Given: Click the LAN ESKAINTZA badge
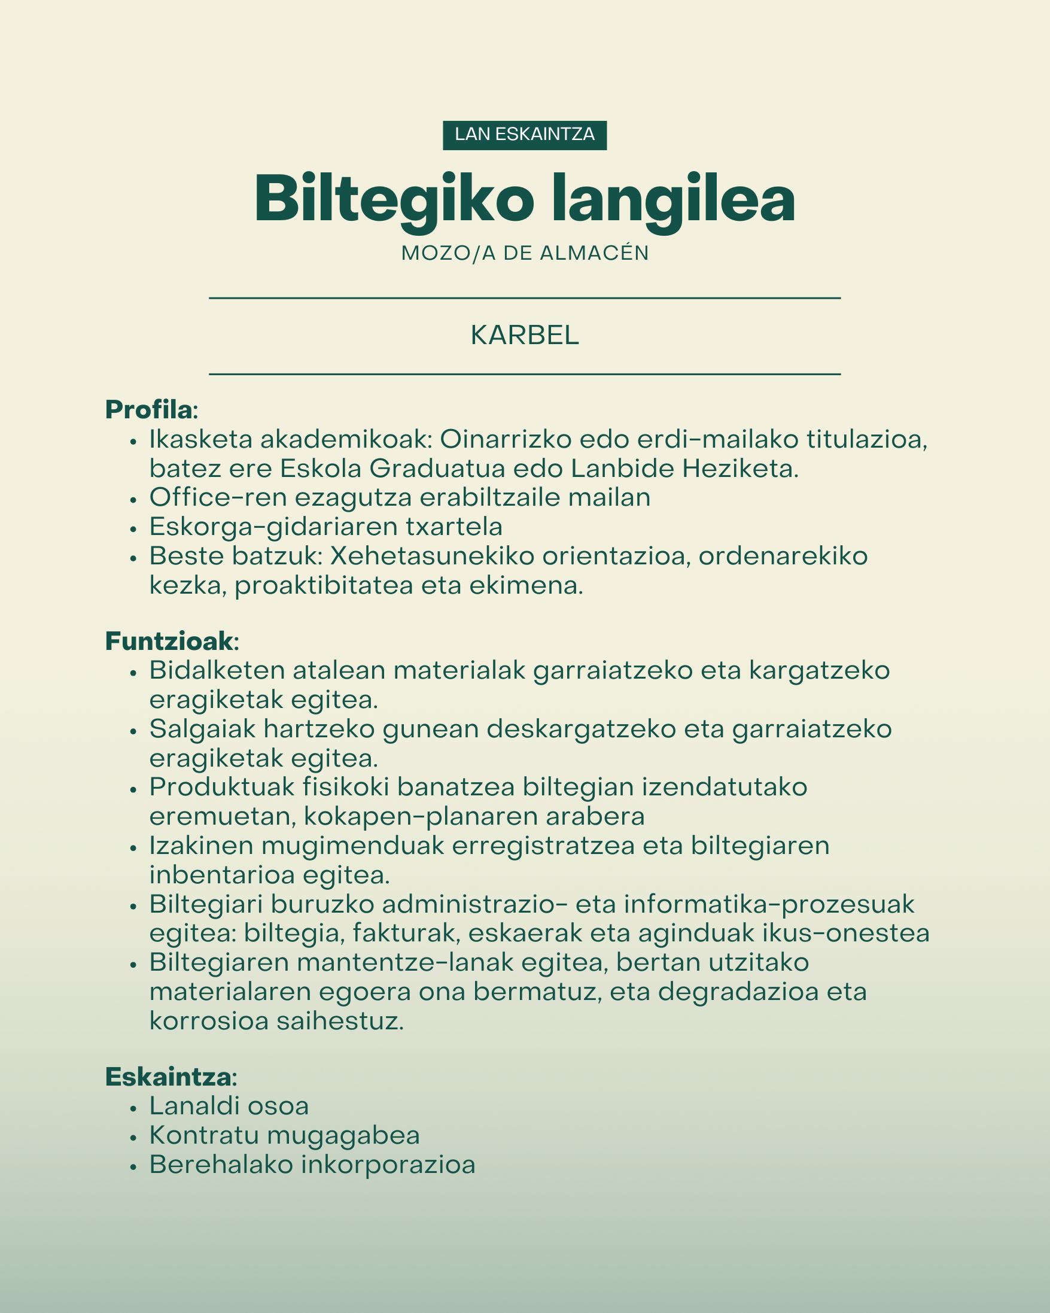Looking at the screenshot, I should point(525,135).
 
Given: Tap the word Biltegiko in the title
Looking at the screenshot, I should point(394,200).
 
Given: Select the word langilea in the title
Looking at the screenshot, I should point(673,200).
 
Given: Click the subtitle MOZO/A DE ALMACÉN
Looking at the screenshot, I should point(525,253).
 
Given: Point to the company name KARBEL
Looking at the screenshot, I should point(525,336).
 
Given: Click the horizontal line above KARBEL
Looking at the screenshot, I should point(525,299).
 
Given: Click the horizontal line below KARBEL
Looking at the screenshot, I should point(525,374).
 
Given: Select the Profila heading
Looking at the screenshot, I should point(149,410).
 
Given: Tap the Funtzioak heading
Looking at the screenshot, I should point(169,642).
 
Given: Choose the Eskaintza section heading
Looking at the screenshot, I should point(168,1077).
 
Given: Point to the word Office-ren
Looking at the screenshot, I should point(218,497).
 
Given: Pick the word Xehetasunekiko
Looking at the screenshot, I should point(432,556).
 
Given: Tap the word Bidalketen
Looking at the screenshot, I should point(217,670).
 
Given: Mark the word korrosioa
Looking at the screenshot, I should point(209,1022).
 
